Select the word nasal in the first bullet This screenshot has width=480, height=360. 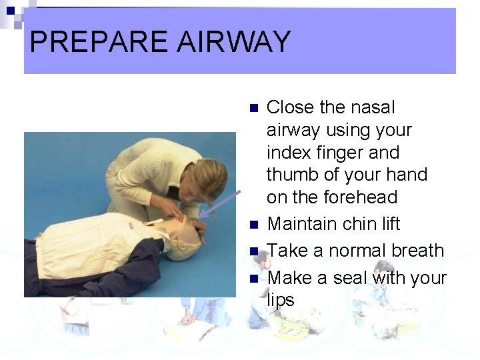[x=373, y=107]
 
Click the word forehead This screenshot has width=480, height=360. [x=365, y=197]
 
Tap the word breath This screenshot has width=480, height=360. [x=417, y=251]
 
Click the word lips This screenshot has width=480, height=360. [x=281, y=300]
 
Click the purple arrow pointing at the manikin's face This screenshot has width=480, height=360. [x=220, y=203]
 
